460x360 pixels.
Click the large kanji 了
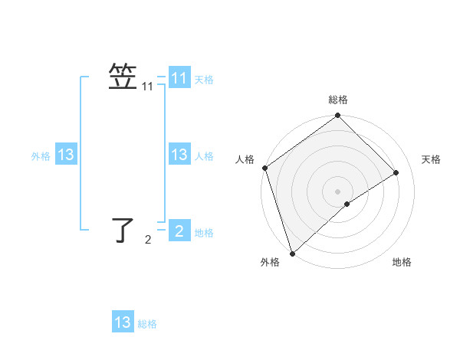(124, 230)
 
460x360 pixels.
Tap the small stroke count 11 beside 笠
(147, 88)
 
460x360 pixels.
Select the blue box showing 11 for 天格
(179, 78)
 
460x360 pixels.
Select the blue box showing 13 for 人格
(179, 155)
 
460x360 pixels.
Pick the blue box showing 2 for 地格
(179, 231)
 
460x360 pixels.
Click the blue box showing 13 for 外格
(66, 155)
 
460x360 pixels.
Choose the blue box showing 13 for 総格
(123, 322)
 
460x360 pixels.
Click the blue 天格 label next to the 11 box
(204, 80)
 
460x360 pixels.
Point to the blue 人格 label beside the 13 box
(204, 156)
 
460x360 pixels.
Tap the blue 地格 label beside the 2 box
(204, 233)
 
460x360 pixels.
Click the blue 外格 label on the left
(41, 156)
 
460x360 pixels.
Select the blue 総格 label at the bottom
(147, 324)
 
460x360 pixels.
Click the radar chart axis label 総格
(338, 100)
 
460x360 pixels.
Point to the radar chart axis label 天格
(431, 159)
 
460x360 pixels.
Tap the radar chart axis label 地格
(402, 262)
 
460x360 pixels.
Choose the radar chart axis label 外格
(270, 262)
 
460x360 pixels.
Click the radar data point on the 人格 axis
(264, 168)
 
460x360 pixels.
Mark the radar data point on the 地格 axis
(347, 204)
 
